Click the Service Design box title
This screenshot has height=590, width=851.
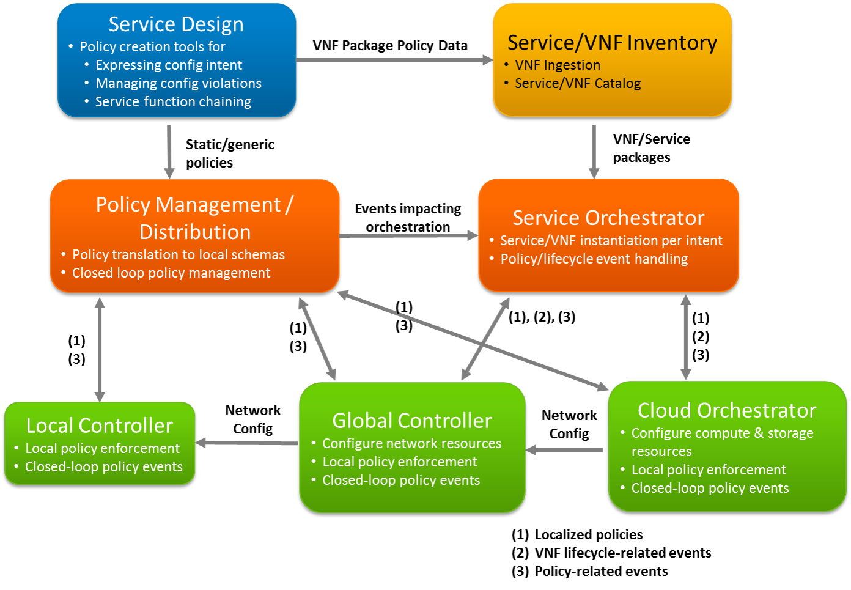click(x=176, y=24)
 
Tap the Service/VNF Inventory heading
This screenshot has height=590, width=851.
click(x=612, y=43)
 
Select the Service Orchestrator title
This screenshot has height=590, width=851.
click(x=608, y=218)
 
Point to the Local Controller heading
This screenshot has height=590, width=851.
click(x=100, y=426)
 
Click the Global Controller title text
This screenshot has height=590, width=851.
click(x=412, y=421)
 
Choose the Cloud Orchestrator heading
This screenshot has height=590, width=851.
click(x=727, y=410)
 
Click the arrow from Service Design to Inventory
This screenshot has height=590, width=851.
click(x=394, y=60)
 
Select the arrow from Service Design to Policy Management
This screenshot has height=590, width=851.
click(x=169, y=152)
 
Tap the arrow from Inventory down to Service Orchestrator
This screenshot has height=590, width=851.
click(x=594, y=151)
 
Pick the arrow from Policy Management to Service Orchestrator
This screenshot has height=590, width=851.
click(x=408, y=235)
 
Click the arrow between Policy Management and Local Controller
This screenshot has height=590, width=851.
click(x=100, y=349)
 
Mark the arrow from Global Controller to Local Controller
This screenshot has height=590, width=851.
click(x=247, y=443)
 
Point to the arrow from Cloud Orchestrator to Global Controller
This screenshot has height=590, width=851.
click(x=565, y=450)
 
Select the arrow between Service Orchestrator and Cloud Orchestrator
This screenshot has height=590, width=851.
click(x=685, y=337)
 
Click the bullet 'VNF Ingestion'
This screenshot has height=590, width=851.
click(x=558, y=65)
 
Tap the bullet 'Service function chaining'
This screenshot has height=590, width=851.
click(x=173, y=102)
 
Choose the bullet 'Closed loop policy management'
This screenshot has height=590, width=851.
click(x=171, y=273)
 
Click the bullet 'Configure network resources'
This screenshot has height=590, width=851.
click(x=411, y=444)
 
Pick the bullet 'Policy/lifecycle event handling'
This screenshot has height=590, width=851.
click(x=594, y=259)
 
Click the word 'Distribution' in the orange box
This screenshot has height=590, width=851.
click(x=195, y=232)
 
